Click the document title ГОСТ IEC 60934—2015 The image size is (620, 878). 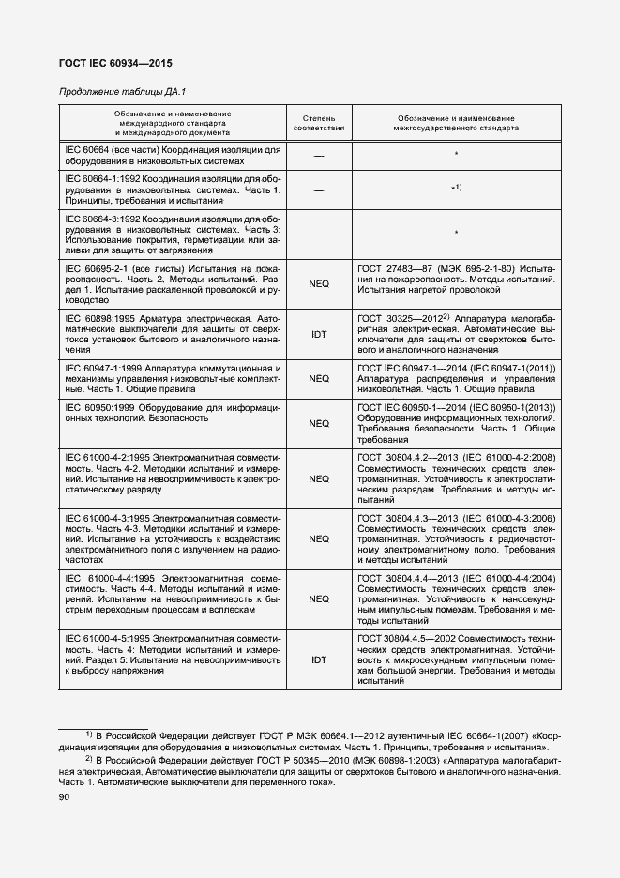116,64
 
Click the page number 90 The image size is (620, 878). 64,796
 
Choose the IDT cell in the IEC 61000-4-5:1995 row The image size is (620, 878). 319,659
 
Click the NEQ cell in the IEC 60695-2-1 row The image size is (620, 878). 319,285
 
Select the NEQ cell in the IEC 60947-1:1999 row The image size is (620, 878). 319,379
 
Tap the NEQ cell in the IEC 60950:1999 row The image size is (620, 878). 319,423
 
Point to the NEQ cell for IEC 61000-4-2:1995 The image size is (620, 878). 319,478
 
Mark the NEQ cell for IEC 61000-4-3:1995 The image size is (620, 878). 319,538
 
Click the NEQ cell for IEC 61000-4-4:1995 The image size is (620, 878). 319,598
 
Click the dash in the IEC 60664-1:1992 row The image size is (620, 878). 319,189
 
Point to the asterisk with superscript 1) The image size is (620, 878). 456,189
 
